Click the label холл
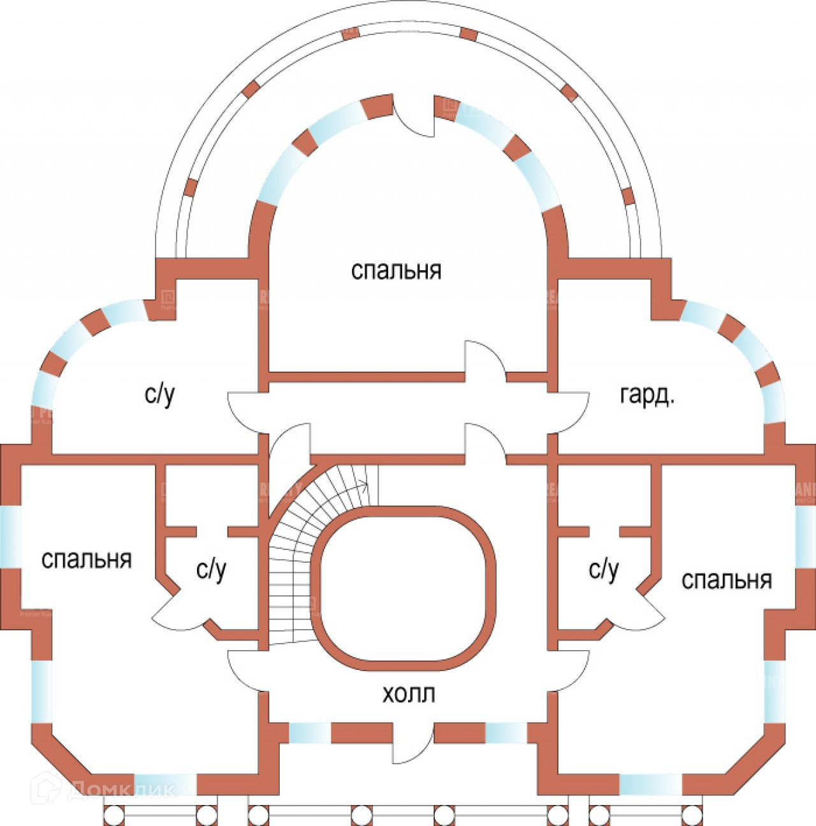(408, 693)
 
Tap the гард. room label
(646, 396)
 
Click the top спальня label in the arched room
(396, 270)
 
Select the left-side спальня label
(86, 559)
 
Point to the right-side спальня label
(726, 580)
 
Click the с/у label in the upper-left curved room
(159, 395)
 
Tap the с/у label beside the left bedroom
(211, 569)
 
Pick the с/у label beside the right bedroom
(603, 569)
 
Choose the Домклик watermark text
(121, 790)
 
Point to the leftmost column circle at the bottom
(113, 815)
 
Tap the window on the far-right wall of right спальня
(805, 535)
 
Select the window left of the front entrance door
(310, 733)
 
